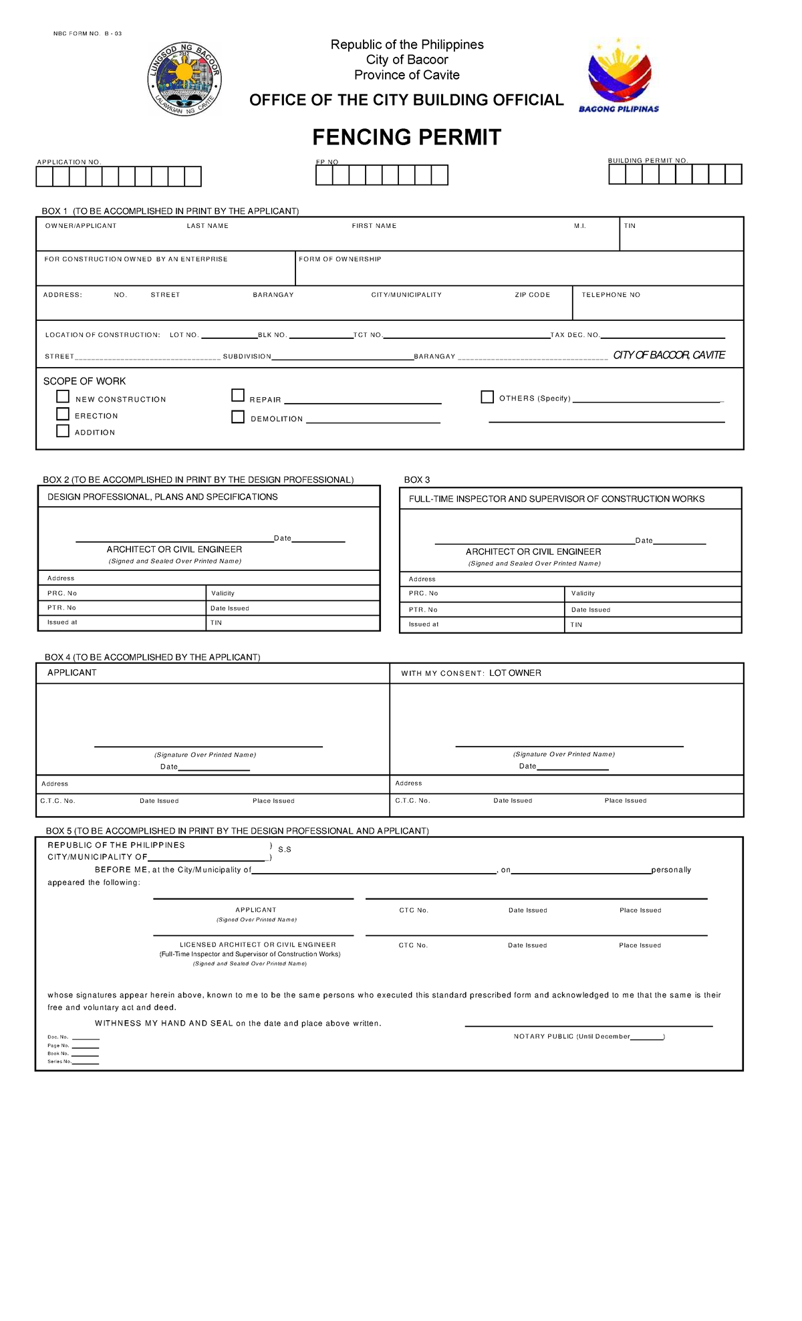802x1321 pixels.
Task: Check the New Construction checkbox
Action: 63,396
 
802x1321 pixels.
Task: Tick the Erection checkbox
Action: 63,414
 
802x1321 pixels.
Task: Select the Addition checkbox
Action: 63,431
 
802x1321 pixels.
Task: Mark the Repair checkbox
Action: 238,396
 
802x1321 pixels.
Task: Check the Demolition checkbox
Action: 238,417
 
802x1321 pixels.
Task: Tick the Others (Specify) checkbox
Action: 487,397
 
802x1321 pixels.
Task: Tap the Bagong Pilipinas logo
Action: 619,76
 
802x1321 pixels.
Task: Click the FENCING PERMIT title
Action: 406,137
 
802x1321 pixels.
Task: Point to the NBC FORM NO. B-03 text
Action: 88,33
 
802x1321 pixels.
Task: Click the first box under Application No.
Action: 44,177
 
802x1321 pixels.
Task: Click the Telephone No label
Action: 610,295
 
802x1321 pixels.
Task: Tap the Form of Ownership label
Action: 340,259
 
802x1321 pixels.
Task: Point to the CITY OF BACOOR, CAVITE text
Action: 669,355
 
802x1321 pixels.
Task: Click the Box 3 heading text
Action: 417,480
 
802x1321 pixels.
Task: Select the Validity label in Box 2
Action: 223,594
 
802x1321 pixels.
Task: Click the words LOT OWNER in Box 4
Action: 515,673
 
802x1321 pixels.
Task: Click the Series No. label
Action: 59,1062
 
